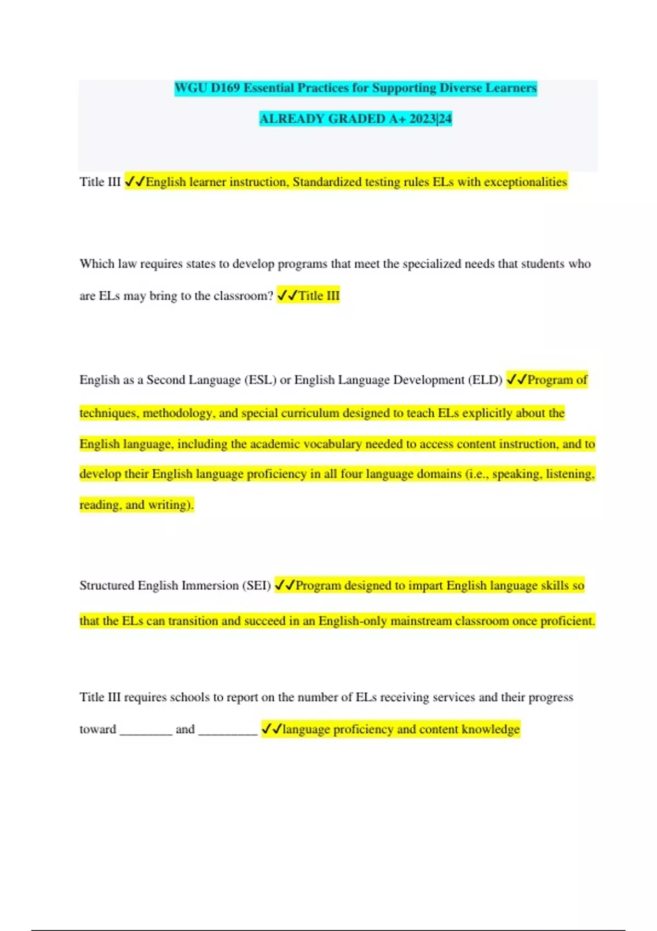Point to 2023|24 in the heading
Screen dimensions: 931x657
point(430,119)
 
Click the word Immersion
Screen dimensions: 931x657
point(210,585)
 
